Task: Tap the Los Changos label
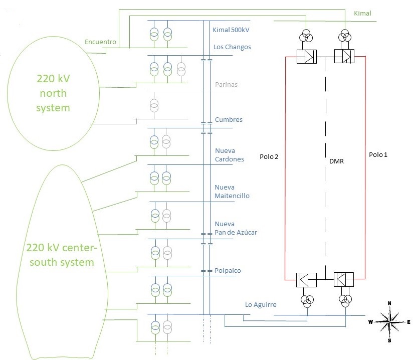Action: pyautogui.click(x=232, y=47)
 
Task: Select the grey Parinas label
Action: pyautogui.click(x=226, y=85)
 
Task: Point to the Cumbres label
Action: pyautogui.click(x=229, y=120)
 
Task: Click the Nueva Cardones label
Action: pyautogui.click(x=230, y=155)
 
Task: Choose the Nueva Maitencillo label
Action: pyautogui.click(x=232, y=192)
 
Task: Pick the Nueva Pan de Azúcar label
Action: pyautogui.click(x=236, y=228)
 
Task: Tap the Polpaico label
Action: pyautogui.click(x=228, y=271)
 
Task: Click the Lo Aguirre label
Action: pyautogui.click(x=260, y=304)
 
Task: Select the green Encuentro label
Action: pyautogui.click(x=101, y=42)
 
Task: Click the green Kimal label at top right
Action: pyautogui.click(x=362, y=14)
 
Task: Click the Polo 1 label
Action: pyautogui.click(x=378, y=154)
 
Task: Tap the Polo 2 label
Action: pyautogui.click(x=269, y=157)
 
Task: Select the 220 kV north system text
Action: pyautogui.click(x=53, y=93)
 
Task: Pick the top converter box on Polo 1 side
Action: pyautogui.click(x=344, y=57)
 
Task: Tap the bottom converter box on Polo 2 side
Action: pyautogui.click(x=306, y=279)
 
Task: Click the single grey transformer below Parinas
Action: pyautogui.click(x=154, y=106)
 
